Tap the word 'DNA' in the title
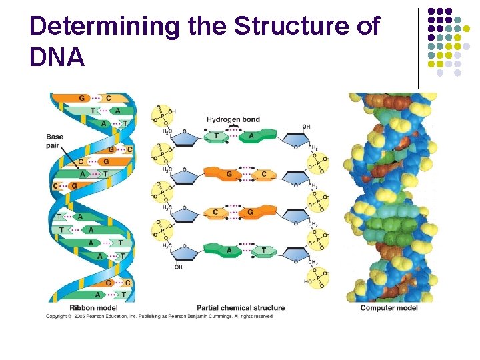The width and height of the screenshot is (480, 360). click(x=57, y=58)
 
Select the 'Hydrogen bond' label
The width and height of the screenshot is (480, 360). click(x=233, y=120)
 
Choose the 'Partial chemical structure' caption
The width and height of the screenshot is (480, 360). click(x=241, y=308)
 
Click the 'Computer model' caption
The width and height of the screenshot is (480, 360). click(x=389, y=308)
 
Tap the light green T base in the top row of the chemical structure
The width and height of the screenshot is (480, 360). click(x=216, y=137)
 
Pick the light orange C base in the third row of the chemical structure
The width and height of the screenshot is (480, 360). click(x=216, y=213)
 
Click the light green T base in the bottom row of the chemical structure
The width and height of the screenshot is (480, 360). click(x=263, y=251)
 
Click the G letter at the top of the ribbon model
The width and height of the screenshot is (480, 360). click(x=82, y=99)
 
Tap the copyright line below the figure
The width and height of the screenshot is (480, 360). click(x=160, y=316)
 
